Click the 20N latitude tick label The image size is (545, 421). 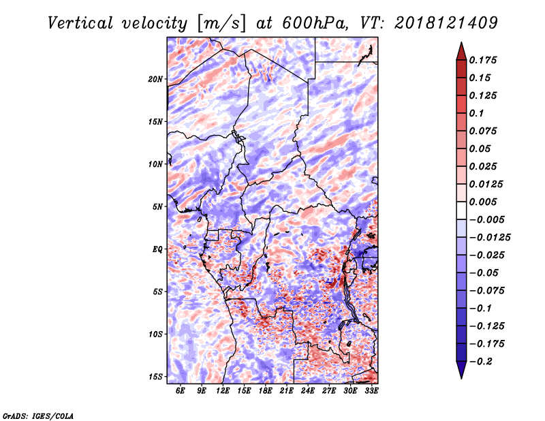[155, 79]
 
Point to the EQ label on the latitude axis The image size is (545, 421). [157, 249]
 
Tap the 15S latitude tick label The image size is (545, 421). [155, 377]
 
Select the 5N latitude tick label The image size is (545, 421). [157, 207]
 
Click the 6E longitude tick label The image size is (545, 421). [180, 391]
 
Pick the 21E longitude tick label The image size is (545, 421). [286, 391]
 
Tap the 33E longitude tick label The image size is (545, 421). [371, 391]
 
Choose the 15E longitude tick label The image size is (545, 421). [244, 391]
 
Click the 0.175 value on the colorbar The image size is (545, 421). [483, 60]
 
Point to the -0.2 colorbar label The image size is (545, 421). [481, 362]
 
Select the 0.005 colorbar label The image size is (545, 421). [483, 202]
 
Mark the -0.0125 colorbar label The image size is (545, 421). [490, 238]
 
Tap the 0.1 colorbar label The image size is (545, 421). [476, 113]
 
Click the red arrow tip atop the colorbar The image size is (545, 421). [461, 42]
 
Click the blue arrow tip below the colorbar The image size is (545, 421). [461, 378]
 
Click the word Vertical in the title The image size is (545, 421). [80, 23]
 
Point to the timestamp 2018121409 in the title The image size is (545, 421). [446, 23]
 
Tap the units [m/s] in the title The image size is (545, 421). [221, 24]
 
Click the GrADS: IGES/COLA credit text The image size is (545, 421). [38, 416]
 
